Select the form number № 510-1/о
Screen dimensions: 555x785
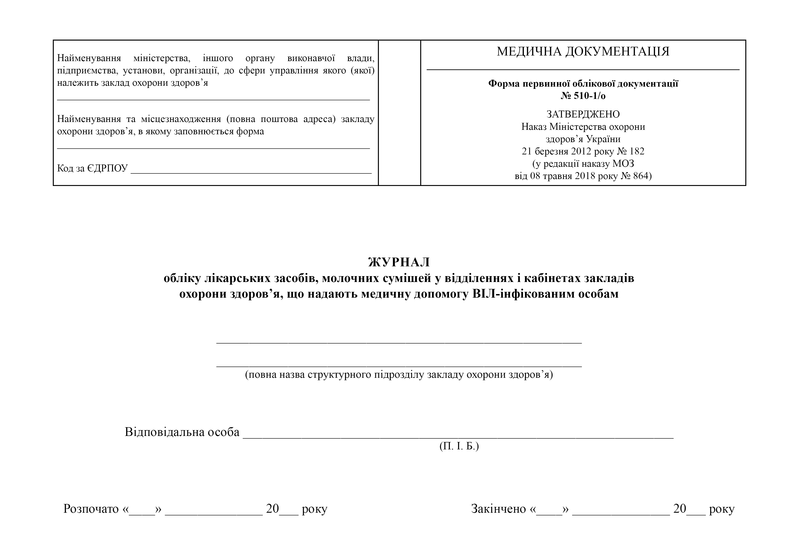tap(583, 96)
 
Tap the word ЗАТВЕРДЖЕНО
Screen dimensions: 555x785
tap(583, 114)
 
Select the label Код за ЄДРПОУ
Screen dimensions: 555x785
tap(92, 168)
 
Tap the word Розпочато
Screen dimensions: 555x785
tap(91, 509)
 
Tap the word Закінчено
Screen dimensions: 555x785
tap(499, 509)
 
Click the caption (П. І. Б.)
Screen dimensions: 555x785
tap(459, 446)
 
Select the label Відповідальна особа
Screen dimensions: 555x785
tap(182, 432)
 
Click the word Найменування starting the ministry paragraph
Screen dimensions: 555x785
tap(89, 58)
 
